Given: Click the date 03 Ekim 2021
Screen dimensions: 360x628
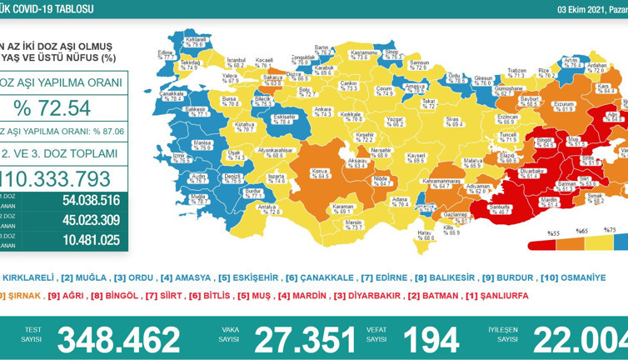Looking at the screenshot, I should pos(583,9).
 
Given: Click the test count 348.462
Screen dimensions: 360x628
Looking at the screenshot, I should pos(118,339).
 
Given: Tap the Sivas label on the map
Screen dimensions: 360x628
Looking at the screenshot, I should pos(452,120).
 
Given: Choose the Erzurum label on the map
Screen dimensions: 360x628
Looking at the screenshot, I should pos(565,106).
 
